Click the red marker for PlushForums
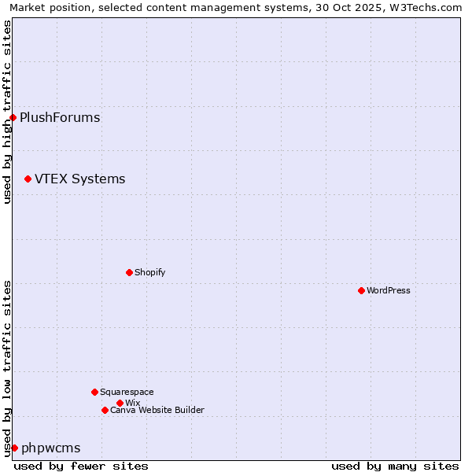click(13, 118)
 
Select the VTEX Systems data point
click(28, 179)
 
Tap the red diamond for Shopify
click(129, 272)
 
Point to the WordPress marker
click(361, 290)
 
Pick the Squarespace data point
click(94, 392)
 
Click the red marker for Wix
click(120, 403)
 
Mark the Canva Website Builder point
click(105, 410)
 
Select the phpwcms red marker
click(14, 448)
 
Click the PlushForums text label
click(60, 118)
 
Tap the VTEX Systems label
click(79, 179)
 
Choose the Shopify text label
click(149, 272)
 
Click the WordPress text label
click(389, 290)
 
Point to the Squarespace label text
click(127, 392)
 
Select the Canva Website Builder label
click(157, 410)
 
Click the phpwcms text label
click(51, 448)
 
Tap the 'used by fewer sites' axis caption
click(81, 466)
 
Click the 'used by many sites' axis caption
click(395, 466)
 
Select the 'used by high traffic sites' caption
click(7, 112)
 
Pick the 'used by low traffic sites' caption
click(7, 368)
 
